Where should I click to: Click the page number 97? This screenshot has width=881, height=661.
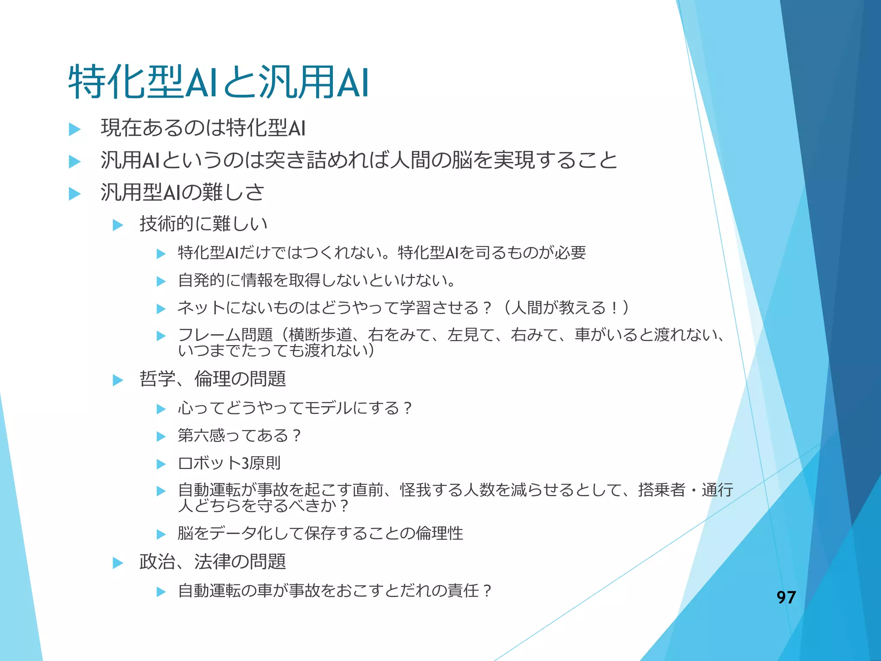tap(786, 597)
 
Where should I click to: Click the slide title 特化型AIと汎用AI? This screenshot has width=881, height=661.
tap(218, 83)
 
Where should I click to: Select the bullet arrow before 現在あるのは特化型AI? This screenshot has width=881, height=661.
tap(75, 129)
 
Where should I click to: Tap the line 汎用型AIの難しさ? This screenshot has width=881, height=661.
tap(182, 192)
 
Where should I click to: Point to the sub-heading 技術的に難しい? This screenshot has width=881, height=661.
tap(203, 224)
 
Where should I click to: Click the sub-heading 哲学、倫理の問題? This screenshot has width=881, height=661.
tap(213, 379)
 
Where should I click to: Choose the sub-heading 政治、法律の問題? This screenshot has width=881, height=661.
tap(213, 562)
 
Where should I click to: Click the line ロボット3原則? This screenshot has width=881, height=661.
tap(229, 463)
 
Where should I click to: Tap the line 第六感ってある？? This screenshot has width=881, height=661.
tap(240, 436)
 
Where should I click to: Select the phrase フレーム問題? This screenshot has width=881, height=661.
tap(225, 334)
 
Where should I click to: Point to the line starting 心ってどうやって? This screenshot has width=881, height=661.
tap(295, 408)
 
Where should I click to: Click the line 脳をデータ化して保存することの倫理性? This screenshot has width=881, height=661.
tap(320, 534)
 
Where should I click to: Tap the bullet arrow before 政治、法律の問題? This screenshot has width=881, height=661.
tap(118, 562)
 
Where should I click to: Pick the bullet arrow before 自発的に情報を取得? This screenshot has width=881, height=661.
tap(161, 281)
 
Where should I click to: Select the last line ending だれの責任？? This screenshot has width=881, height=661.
tap(335, 590)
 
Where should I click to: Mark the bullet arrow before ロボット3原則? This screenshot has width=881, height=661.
tap(161, 464)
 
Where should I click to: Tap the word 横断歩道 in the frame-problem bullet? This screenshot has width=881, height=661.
tap(320, 334)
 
